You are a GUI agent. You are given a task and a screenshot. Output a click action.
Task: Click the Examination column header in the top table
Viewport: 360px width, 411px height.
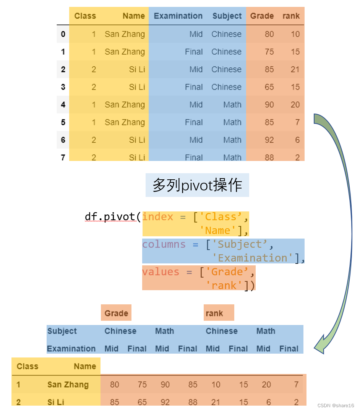pos(178,16)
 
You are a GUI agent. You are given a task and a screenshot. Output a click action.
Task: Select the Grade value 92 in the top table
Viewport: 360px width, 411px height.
pos(269,140)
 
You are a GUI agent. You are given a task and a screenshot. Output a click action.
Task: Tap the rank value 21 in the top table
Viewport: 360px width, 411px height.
pos(295,70)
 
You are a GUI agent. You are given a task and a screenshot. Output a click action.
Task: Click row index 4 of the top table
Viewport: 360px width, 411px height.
pos(63,105)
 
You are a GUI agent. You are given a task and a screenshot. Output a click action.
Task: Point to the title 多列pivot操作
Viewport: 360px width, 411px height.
pos(197,185)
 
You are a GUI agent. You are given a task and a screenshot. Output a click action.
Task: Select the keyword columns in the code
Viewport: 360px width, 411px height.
pos(164,244)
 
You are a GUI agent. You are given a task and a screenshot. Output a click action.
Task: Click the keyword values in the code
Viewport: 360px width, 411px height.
pos(161,272)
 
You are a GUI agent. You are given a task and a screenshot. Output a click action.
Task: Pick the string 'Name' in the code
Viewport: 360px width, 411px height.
pos(221,231)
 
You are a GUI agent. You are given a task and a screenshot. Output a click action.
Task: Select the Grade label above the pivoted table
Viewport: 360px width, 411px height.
pos(116,314)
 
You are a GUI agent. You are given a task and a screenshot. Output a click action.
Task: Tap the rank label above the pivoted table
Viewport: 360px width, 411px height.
pos(214,314)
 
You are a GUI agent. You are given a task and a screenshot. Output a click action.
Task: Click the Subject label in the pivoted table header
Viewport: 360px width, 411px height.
pos(62,331)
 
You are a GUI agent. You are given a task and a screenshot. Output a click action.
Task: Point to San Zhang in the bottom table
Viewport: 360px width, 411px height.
pos(68,385)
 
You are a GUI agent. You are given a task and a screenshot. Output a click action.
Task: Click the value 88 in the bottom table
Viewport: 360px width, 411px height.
pos(193,402)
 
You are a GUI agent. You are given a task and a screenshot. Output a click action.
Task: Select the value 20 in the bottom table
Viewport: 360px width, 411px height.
pos(266,385)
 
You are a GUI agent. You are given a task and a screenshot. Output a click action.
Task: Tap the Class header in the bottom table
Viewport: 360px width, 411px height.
pos(28,366)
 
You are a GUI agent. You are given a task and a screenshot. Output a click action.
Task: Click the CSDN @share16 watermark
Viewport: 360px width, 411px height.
pos(335,405)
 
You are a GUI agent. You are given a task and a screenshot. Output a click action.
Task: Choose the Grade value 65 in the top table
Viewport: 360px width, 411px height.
pos(269,87)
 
